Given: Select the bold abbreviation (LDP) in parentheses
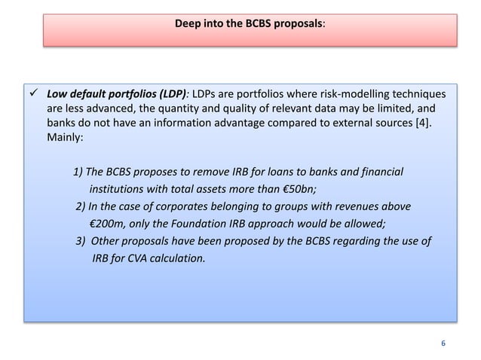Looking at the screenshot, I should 167,95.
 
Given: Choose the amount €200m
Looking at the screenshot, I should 107,223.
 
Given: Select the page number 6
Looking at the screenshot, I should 443,343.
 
